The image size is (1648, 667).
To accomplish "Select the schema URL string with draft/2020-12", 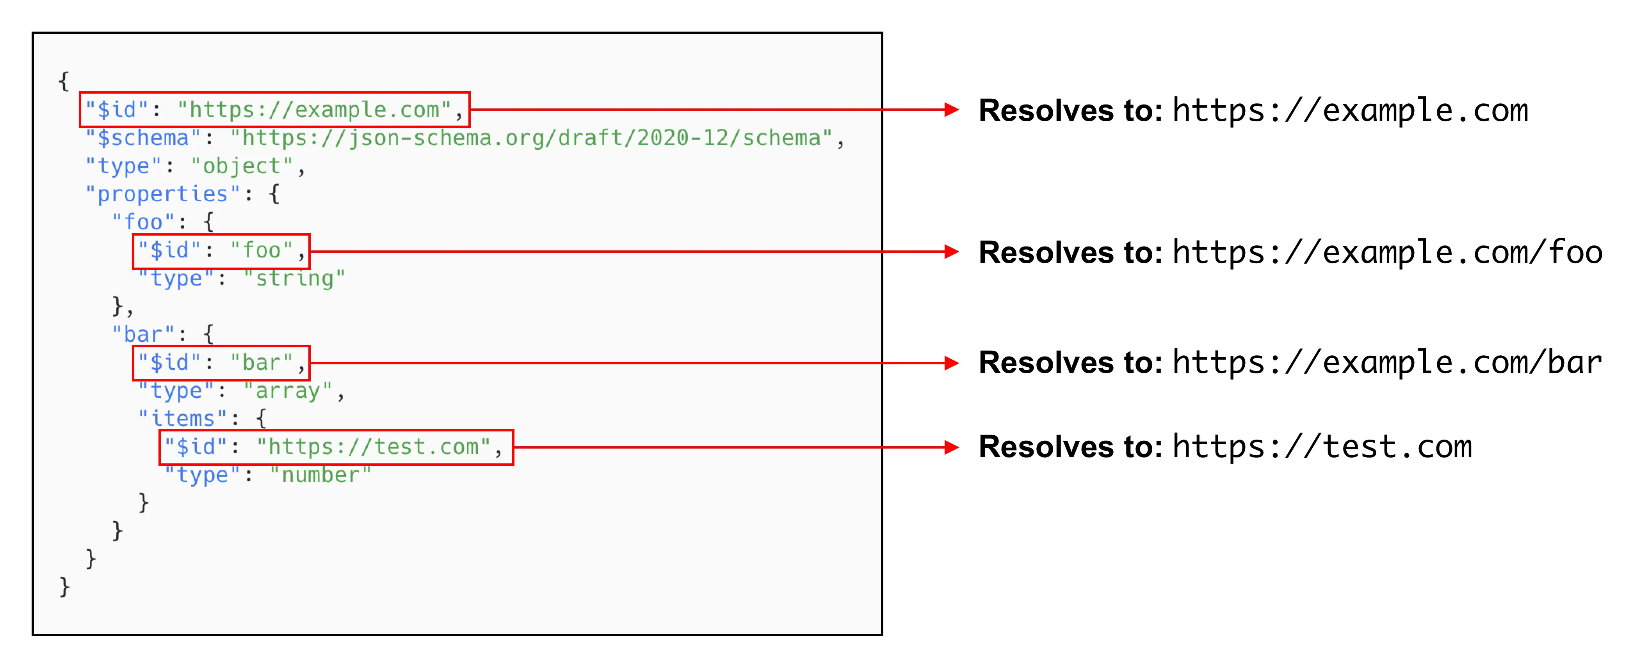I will pos(531,138).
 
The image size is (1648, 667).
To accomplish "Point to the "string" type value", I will pos(294,279).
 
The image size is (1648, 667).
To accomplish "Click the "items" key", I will pos(183,419).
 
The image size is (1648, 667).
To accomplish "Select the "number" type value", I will pos(320,475).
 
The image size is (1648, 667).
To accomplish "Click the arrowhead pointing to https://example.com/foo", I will pos(952,252).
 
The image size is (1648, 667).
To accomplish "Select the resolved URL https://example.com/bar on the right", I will pos(1387,363).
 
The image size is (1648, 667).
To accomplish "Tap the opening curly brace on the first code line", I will pos(63,81).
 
